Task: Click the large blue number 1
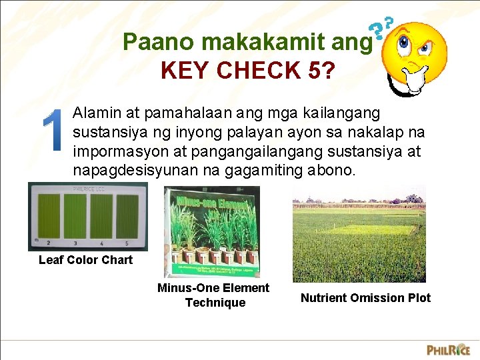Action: click(x=52, y=138)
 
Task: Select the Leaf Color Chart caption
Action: click(x=85, y=260)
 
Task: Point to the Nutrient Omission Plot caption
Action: click(x=365, y=298)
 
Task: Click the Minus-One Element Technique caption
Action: click(x=213, y=295)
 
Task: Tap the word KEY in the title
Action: click(x=189, y=70)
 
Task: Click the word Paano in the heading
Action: click(x=159, y=42)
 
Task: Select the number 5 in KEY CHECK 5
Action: click(x=314, y=70)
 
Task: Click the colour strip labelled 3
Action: click(x=75, y=217)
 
